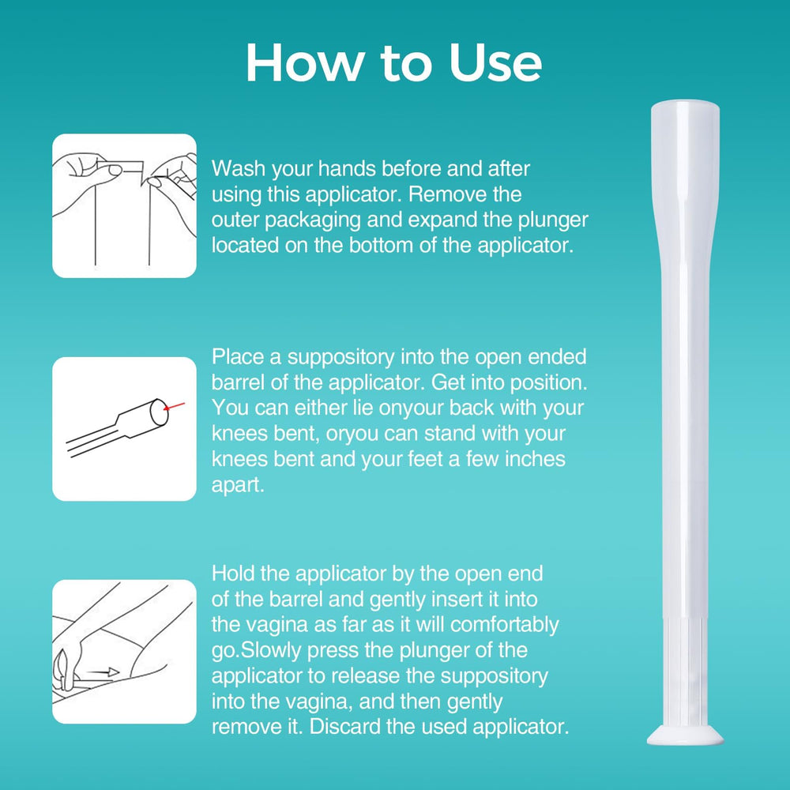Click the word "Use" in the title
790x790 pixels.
(495, 62)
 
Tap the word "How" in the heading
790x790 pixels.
(305, 62)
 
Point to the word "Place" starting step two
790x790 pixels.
(238, 357)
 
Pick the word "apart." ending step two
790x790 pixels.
(238, 485)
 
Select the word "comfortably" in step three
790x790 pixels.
(504, 625)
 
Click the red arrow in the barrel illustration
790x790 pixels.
(174, 406)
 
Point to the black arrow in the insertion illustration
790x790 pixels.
(102, 671)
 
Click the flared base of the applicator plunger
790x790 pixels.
(685, 735)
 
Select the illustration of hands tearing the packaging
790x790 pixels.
(125, 205)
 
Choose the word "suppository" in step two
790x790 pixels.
(341, 358)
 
